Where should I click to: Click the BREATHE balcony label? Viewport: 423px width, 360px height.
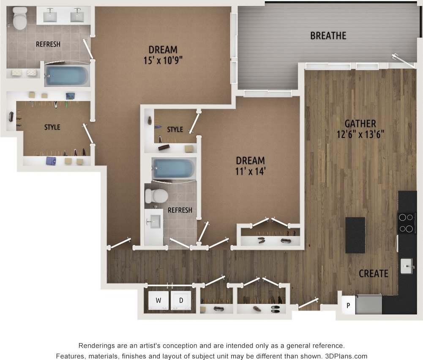click(328, 36)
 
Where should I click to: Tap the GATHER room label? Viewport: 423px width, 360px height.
click(360, 124)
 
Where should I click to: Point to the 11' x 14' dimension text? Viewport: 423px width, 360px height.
click(250, 172)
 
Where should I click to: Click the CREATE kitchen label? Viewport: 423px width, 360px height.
click(373, 274)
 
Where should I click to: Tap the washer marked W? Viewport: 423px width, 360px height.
click(158, 301)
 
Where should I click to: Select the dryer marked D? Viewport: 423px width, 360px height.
click(181, 301)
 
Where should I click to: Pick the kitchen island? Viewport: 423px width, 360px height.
click(355, 235)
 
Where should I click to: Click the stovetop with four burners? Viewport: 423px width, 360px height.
click(406, 223)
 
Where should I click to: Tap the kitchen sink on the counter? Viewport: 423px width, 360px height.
click(407, 267)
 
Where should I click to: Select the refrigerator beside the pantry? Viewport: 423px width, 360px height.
click(368, 305)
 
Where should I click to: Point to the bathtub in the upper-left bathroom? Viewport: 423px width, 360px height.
click(67, 76)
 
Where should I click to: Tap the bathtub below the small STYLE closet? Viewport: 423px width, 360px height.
click(173, 168)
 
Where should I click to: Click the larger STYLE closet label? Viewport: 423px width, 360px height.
click(52, 127)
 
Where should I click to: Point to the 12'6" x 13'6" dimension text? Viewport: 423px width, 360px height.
click(360, 135)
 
